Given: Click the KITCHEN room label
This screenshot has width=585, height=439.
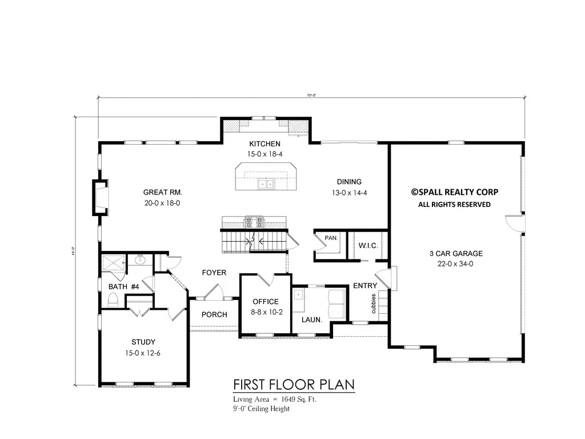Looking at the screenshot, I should (264, 143).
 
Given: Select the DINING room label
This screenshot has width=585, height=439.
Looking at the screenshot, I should (348, 182).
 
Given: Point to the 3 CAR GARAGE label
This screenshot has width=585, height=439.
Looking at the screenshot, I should (456, 253).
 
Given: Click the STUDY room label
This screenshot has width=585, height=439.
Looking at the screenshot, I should (143, 342).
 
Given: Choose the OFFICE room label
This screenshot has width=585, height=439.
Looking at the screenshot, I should (266, 302).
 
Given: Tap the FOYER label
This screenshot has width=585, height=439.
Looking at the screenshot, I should (214, 273).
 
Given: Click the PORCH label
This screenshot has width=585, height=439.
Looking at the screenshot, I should (214, 314).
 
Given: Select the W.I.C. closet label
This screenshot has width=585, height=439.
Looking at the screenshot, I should (366, 246).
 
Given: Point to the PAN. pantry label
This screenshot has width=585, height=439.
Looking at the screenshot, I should (331, 237).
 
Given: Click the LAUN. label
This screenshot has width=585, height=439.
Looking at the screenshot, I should (312, 320).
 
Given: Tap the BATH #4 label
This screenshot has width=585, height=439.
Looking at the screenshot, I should (124, 286).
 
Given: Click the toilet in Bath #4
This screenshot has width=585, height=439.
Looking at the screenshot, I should (113, 299).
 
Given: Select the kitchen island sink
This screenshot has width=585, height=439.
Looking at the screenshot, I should (264, 184).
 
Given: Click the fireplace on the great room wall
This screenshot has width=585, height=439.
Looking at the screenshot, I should (99, 197).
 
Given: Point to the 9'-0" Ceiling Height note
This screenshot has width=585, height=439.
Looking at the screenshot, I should (261, 409).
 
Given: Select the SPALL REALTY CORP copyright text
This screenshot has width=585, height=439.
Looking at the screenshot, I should (455, 193).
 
